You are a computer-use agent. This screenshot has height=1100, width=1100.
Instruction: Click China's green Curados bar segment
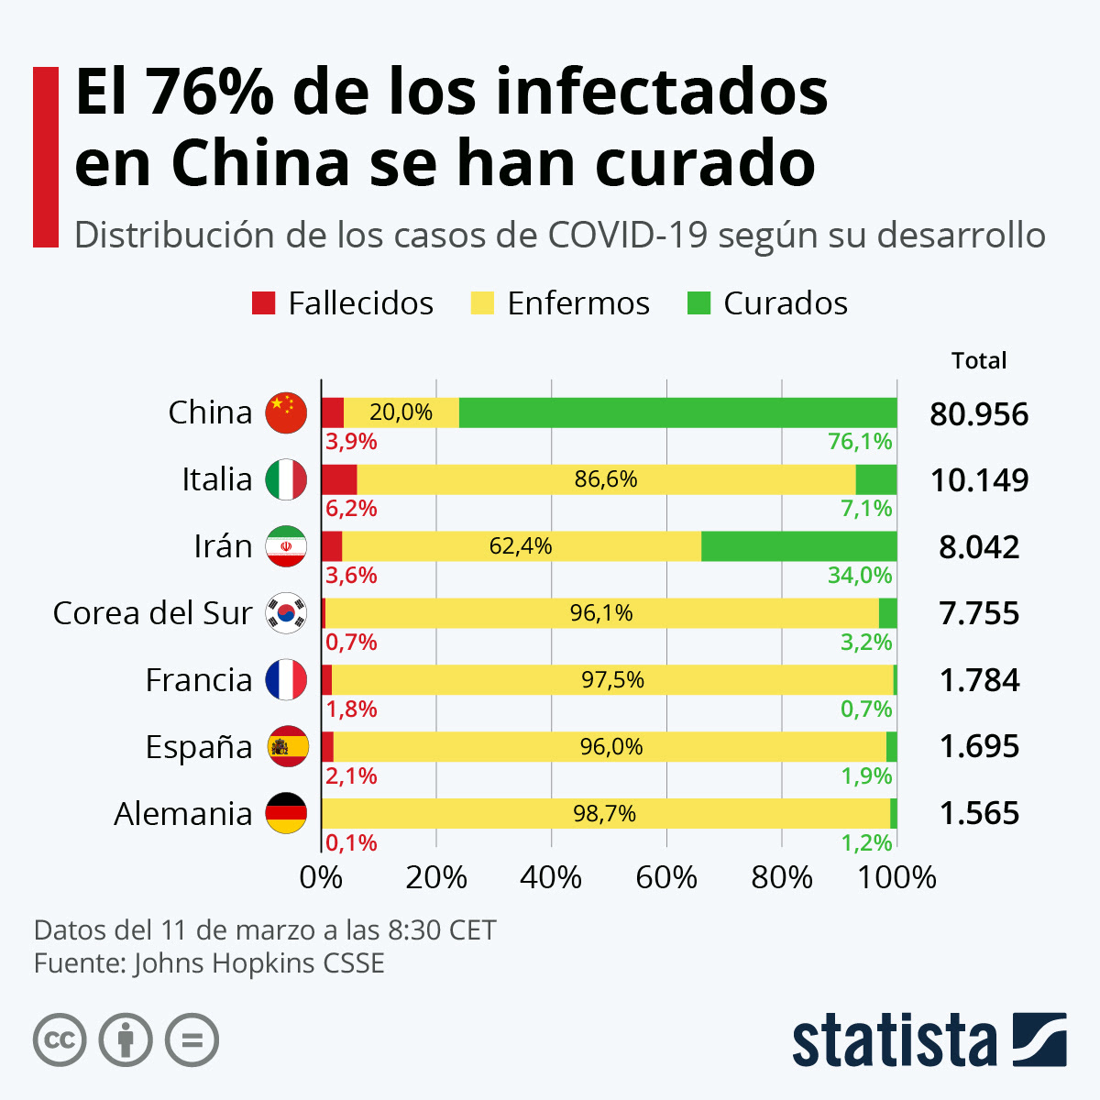(x=677, y=412)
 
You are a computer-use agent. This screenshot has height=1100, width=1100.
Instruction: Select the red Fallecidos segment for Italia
(x=339, y=479)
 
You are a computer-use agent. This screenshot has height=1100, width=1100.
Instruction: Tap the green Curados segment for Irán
(x=798, y=546)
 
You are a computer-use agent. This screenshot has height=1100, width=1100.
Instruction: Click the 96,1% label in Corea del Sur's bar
(x=601, y=613)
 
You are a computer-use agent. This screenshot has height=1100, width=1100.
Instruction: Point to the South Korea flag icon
(x=286, y=613)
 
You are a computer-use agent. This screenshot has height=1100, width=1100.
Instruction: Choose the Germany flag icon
(x=286, y=813)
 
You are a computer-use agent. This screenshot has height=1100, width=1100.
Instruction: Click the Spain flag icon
(x=287, y=746)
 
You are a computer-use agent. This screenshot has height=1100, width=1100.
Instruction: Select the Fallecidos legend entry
(x=343, y=303)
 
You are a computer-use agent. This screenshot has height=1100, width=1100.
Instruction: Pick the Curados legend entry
(x=767, y=303)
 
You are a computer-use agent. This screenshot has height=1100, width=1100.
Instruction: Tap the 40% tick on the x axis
(x=551, y=877)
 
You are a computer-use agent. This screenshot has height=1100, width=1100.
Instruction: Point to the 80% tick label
(x=781, y=877)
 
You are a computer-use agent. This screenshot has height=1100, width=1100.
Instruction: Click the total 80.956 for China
(x=979, y=414)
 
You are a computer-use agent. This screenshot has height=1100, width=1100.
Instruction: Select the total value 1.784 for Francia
(x=979, y=680)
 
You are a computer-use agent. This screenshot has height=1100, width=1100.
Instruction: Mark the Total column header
(x=979, y=360)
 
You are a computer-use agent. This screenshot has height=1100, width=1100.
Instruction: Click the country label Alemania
(x=183, y=814)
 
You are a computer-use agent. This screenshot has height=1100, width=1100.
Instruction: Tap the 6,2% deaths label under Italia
(x=351, y=509)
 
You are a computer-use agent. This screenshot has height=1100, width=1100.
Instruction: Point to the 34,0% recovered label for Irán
(x=860, y=576)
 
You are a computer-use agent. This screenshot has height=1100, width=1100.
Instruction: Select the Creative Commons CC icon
(x=60, y=1040)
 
